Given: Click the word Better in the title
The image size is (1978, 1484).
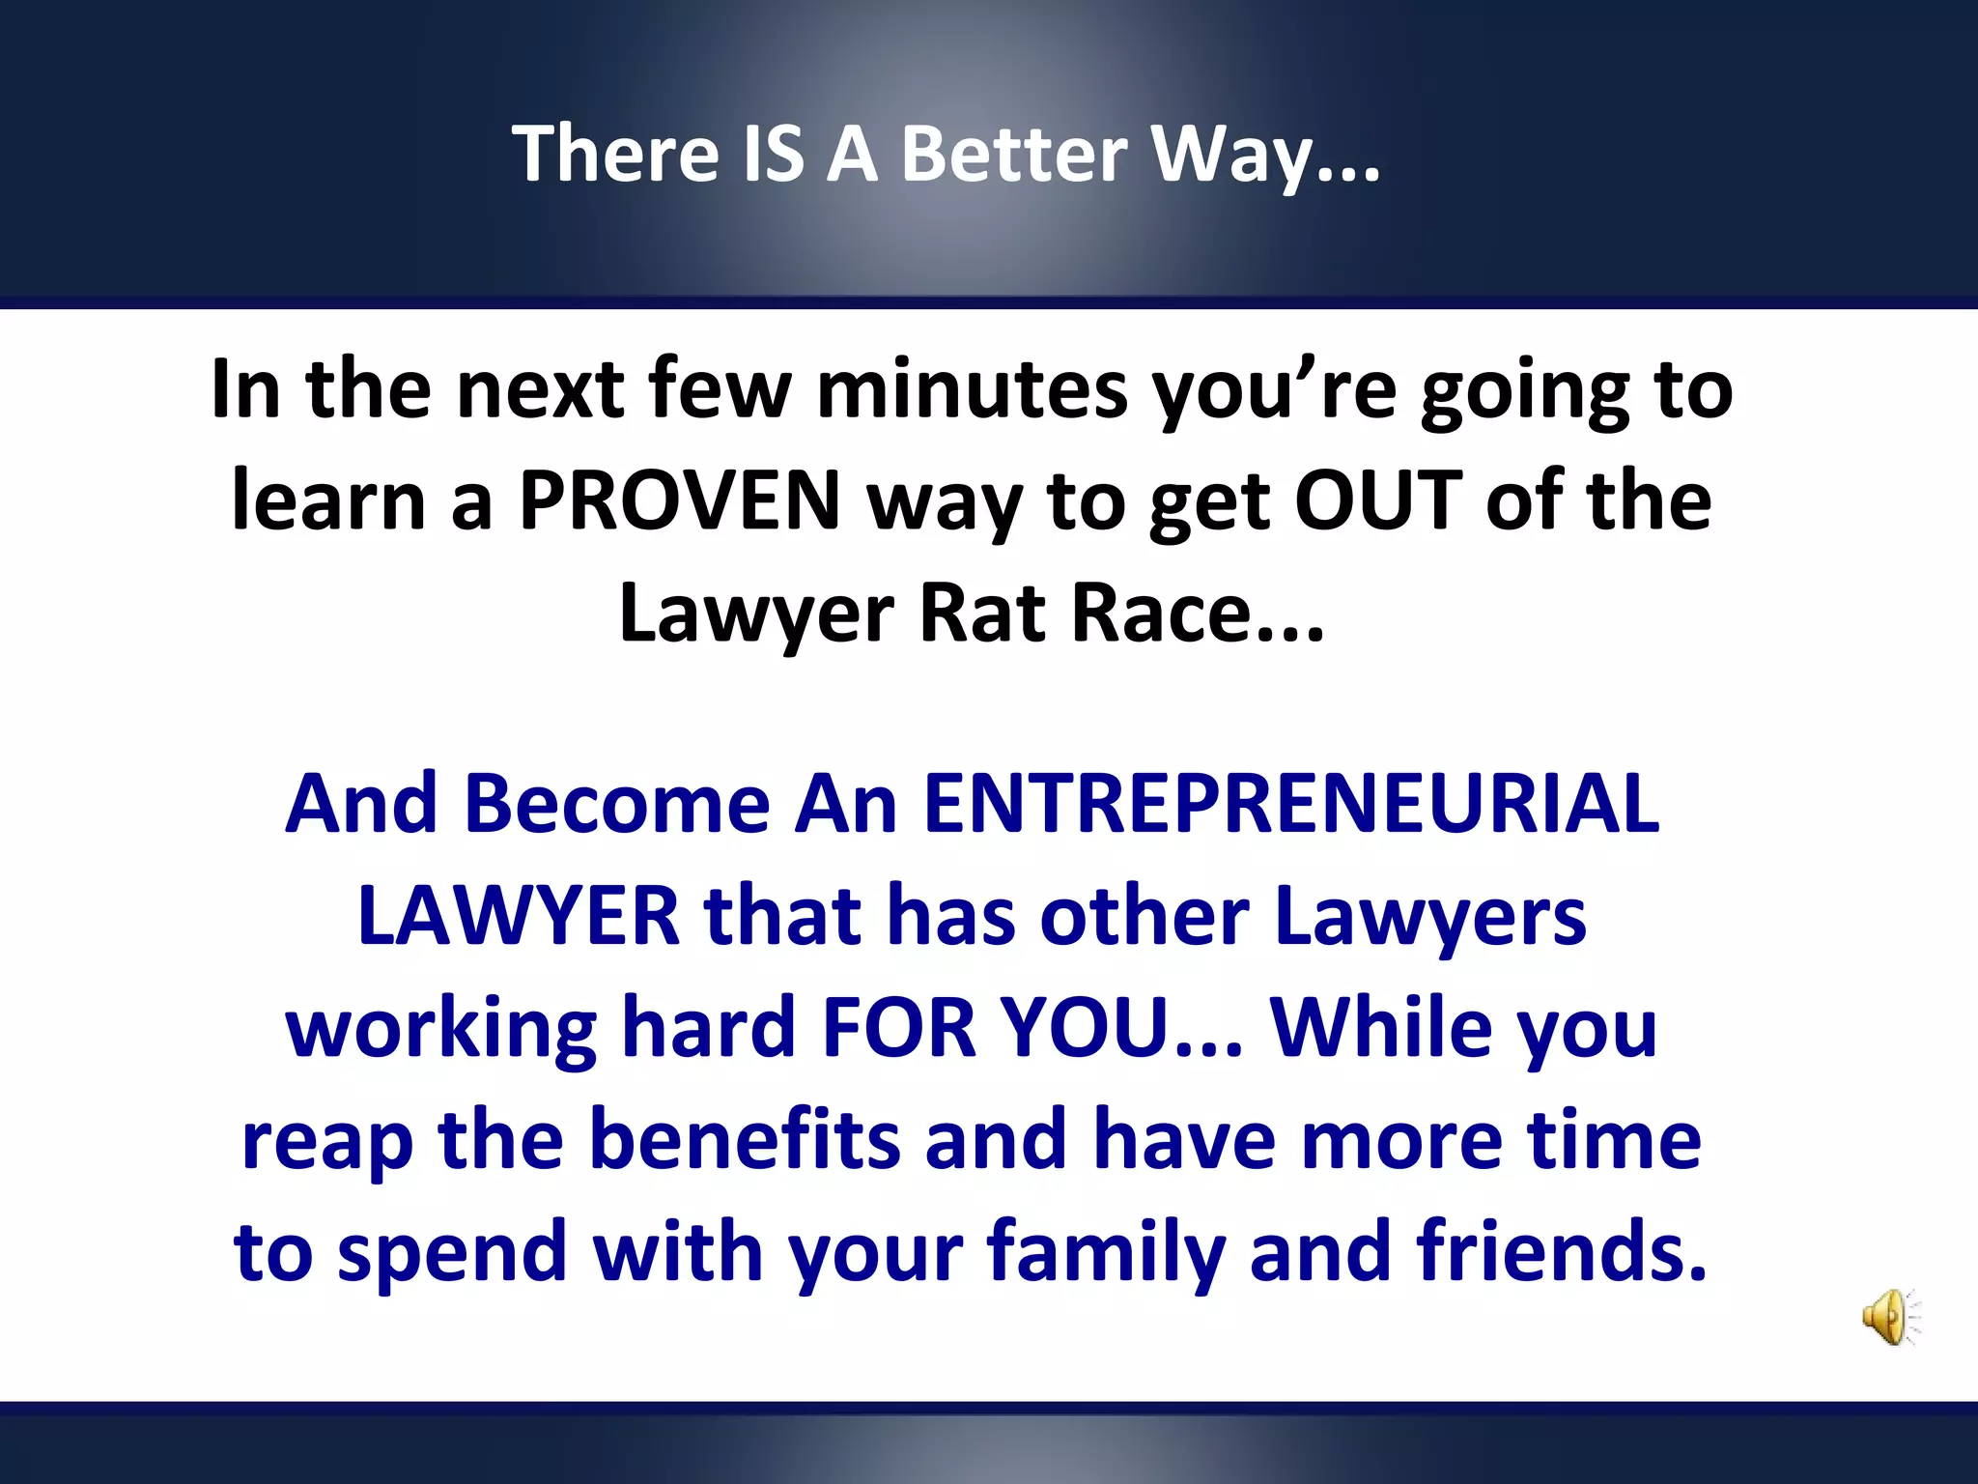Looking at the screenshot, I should tap(1014, 155).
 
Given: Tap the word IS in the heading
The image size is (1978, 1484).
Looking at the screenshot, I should tap(773, 155).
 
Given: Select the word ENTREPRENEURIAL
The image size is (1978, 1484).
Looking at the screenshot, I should tap(1291, 804).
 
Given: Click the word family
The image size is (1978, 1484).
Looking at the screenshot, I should tap(1106, 1254).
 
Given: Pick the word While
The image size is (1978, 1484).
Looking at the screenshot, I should tap(1380, 1028).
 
